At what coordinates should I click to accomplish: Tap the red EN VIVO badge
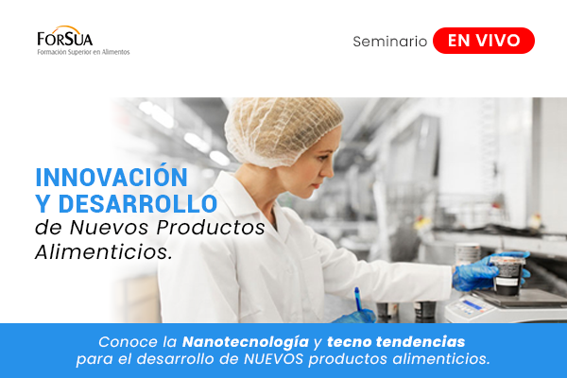point(483,41)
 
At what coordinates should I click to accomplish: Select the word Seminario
point(389,42)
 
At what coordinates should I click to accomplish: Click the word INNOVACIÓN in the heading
point(112,177)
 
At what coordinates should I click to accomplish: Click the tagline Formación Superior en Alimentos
point(83,52)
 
